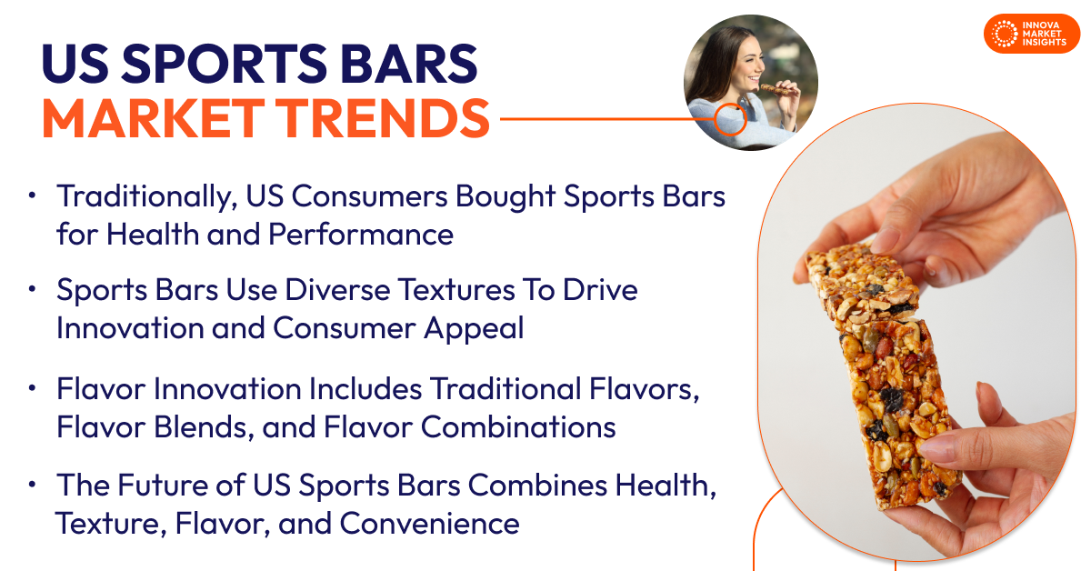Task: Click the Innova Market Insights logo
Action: click(1031, 34)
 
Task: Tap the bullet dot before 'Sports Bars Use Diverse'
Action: click(33, 289)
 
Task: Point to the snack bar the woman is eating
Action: click(772, 88)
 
